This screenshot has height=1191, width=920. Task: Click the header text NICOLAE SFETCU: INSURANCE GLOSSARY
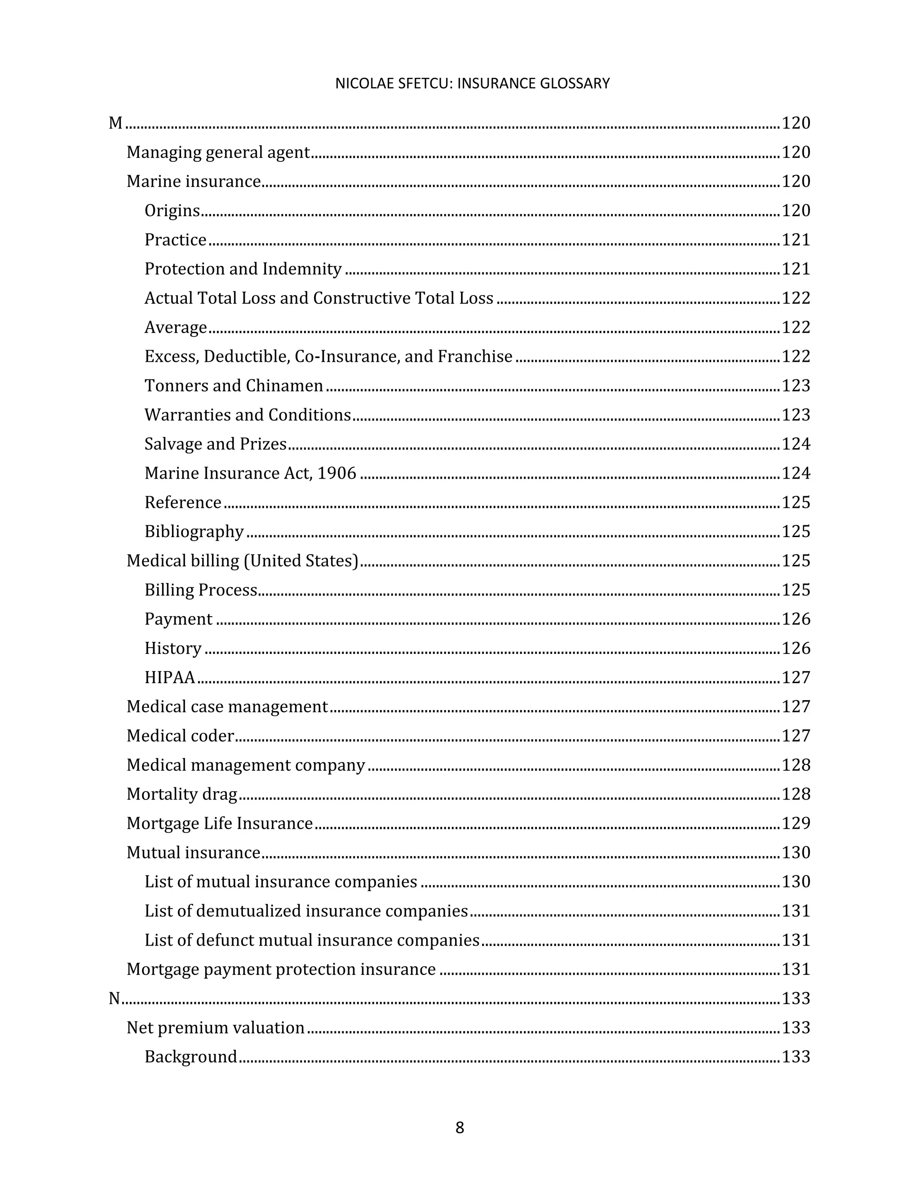(x=472, y=84)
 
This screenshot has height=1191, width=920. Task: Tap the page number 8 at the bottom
(x=460, y=1127)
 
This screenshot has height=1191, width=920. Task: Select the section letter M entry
(x=115, y=123)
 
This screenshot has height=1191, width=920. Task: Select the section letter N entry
(x=115, y=999)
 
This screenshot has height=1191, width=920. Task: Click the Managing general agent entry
(x=218, y=152)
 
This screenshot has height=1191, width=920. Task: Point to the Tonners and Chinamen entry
(x=234, y=386)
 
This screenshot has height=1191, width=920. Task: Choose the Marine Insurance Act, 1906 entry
(x=250, y=473)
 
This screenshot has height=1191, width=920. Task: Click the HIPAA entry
(x=169, y=677)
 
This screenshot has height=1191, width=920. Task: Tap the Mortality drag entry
(x=182, y=794)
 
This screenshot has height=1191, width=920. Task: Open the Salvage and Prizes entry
(x=215, y=444)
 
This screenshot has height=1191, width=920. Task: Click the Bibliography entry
(x=194, y=531)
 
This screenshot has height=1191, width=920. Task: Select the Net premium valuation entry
(x=215, y=1027)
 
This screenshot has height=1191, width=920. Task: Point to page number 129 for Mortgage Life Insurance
(x=796, y=823)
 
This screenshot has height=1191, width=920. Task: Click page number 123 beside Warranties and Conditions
(x=796, y=415)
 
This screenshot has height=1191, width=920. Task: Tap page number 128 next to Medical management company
(x=796, y=765)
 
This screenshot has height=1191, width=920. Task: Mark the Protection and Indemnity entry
(x=243, y=269)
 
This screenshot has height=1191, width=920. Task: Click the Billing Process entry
(x=200, y=590)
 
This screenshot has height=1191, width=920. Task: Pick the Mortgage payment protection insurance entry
(x=281, y=969)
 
